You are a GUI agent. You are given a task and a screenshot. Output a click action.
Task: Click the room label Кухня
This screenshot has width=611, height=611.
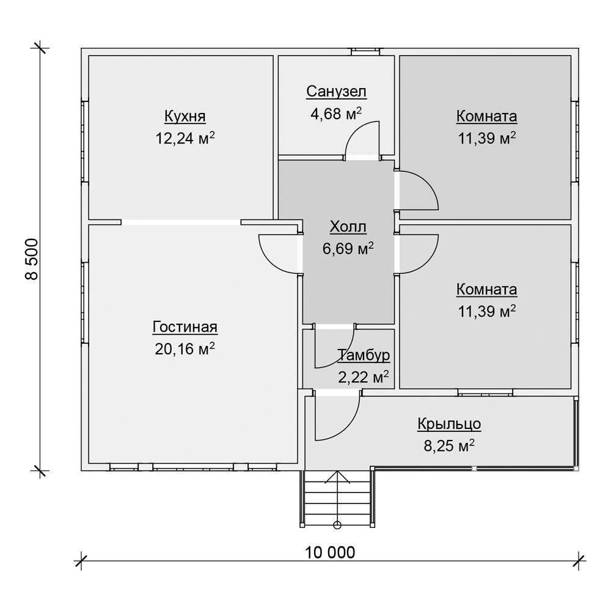coord(185,116)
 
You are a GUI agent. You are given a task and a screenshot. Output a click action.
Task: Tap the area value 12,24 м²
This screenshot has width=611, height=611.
coord(185,137)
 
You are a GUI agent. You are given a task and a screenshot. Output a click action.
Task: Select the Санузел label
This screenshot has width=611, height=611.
coord(336,92)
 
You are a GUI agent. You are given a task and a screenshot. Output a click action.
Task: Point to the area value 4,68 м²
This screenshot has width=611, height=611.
coord(336,114)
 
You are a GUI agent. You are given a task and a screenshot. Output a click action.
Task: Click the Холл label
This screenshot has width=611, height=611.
coord(348,227)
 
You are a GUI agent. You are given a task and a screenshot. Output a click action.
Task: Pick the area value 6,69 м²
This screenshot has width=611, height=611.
coord(348,248)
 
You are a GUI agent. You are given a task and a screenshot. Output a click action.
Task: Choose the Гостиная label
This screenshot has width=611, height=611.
coord(185,327)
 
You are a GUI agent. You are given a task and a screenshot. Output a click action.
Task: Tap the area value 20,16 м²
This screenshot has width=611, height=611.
coord(185,348)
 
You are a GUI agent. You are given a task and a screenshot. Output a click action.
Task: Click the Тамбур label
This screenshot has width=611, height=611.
coord(364,355)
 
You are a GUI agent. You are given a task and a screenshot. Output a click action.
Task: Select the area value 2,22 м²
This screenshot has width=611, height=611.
coord(364,377)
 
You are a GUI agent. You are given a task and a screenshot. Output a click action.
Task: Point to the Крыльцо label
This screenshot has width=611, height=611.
coord(449,424)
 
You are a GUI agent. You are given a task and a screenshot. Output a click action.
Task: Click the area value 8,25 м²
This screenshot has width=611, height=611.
coord(449,445)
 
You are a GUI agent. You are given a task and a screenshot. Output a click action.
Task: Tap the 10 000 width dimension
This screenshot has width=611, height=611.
coord(330,552)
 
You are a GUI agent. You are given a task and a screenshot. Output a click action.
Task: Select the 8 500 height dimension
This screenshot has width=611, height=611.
coord(32,259)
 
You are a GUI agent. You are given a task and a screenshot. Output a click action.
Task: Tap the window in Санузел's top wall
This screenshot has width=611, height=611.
coord(365,52)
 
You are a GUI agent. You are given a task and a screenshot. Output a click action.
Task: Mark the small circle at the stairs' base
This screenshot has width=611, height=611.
coord(337,525)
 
